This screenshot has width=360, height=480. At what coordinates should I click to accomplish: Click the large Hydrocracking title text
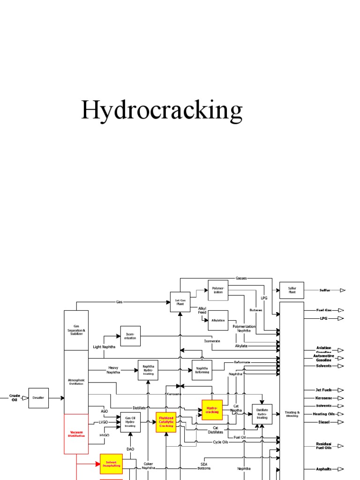[x=162, y=111]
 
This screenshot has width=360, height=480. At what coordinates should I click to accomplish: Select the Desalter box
[x=38, y=397]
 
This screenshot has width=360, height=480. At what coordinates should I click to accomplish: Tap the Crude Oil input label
[x=15, y=398]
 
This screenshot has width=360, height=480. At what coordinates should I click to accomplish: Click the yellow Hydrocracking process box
[x=212, y=410]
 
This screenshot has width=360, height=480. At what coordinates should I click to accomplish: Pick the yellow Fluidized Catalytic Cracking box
[x=166, y=422]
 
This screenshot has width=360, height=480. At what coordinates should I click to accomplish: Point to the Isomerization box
[x=130, y=336]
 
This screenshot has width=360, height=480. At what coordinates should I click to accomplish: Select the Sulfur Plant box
[x=292, y=290]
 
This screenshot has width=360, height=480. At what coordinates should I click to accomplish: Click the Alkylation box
[x=218, y=321]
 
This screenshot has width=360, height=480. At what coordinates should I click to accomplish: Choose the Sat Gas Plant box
[x=180, y=302]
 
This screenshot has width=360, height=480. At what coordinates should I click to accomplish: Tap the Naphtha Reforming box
[x=202, y=369]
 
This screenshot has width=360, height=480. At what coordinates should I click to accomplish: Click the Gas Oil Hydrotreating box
[x=130, y=422]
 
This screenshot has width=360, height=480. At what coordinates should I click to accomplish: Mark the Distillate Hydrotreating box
[x=262, y=414]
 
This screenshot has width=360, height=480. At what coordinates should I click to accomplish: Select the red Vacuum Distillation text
[x=76, y=434]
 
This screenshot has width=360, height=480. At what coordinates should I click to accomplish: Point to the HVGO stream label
[x=104, y=435]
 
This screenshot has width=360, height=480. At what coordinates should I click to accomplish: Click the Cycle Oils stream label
[x=220, y=442]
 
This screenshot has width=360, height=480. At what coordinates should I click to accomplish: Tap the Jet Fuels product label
[x=324, y=390]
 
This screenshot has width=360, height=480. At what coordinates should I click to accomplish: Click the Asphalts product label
[x=324, y=469]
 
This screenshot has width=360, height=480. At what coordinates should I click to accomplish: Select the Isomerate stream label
[x=212, y=341]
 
